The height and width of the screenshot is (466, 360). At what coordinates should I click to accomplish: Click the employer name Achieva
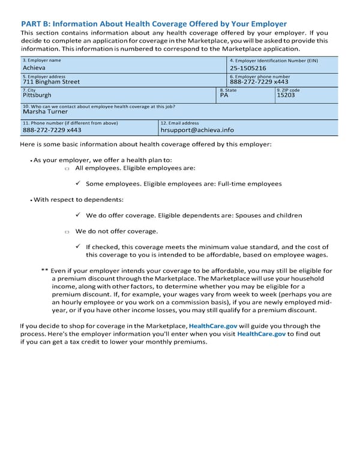pos(34,68)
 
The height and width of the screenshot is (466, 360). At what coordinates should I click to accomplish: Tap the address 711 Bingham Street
pos(51,82)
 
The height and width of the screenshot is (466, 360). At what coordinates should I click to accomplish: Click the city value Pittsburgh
pos(37,95)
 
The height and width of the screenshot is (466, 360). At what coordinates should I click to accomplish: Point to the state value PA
pos(224,95)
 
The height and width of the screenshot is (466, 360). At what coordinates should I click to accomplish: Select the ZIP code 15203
pos(286,95)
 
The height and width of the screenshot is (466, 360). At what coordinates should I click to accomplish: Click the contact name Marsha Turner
pos(45,111)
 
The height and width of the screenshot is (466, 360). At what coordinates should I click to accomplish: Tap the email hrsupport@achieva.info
pos(197,129)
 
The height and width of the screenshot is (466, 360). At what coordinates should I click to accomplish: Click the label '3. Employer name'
pos(41,61)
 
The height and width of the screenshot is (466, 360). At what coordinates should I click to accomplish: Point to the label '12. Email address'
pos(179,123)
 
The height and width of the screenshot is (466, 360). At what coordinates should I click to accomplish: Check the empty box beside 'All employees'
pos(67,170)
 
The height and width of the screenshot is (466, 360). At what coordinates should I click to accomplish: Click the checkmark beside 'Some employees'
pos(79,183)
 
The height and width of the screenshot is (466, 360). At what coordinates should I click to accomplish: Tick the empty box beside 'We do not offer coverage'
pos(67,232)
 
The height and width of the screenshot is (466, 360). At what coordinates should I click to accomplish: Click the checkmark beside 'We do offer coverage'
pos(79,214)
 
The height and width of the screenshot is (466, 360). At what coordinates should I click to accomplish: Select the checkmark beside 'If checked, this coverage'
pos(79,246)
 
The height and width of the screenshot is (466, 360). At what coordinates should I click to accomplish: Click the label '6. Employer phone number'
pos(260,77)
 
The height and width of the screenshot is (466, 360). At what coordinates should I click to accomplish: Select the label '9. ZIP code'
pos(288,89)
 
